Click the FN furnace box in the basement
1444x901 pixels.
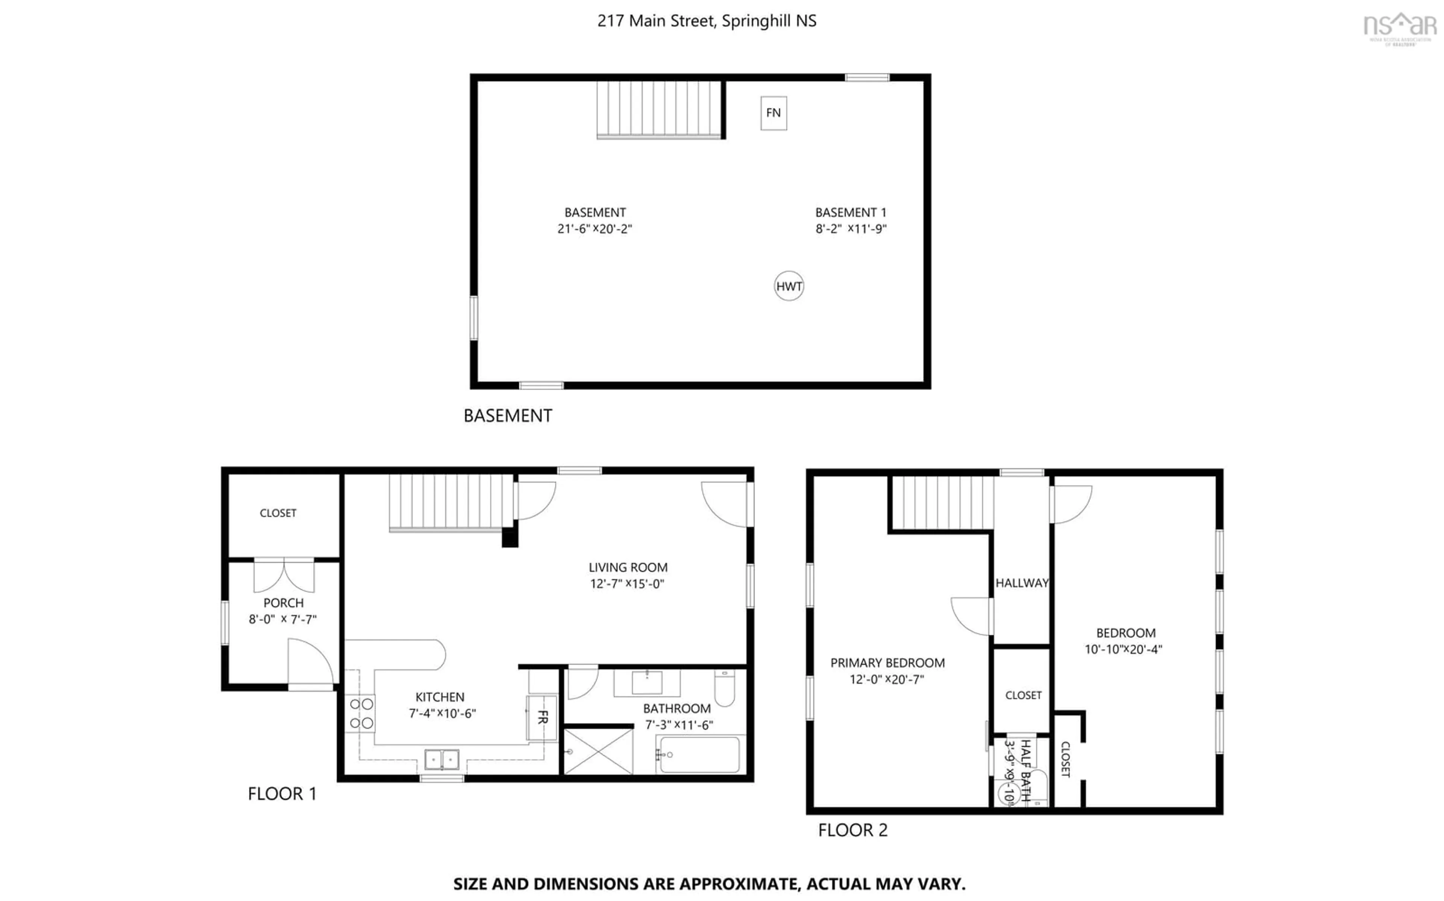[773, 113]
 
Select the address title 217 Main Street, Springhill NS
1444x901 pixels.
[707, 21]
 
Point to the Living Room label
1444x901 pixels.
[628, 568]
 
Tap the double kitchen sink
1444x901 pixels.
[442, 759]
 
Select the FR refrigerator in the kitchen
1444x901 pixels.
[541, 718]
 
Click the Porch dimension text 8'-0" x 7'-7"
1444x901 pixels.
[283, 620]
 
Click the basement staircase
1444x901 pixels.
[660, 109]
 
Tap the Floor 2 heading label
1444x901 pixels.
[852, 830]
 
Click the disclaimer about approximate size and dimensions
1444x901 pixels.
[709, 884]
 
